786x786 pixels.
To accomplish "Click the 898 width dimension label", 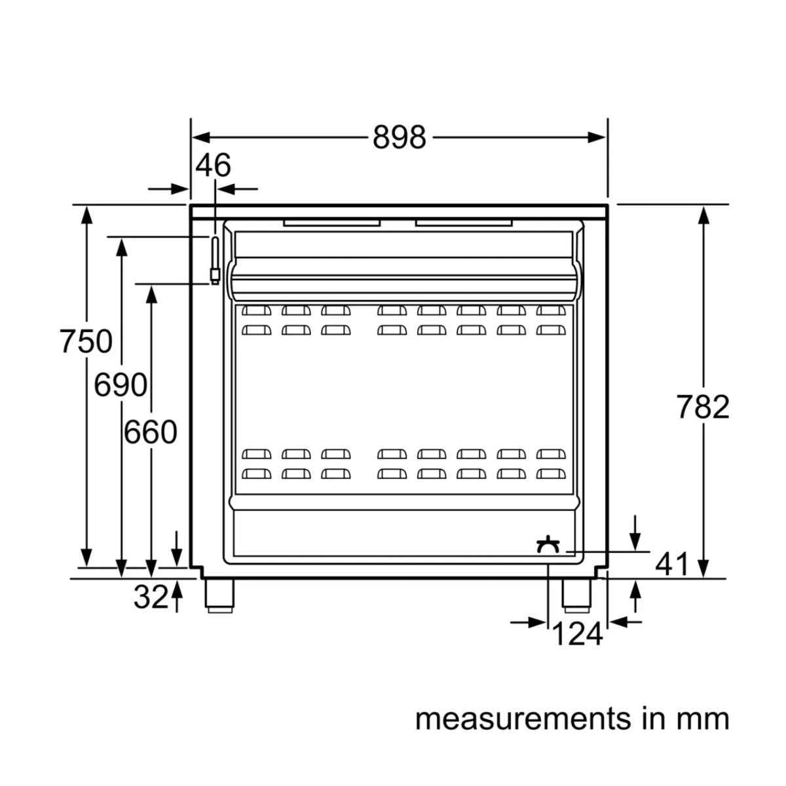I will pos(399,138).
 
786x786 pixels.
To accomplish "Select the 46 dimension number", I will pos(214,166).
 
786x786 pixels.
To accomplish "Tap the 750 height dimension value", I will pos(86,342).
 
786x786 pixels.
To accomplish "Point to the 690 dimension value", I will pos(121,385).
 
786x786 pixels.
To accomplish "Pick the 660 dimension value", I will pos(151,432).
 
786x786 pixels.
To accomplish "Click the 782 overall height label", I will pos(703,407).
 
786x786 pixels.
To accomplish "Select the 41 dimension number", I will pos(673,564).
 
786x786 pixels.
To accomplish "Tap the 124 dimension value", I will pos(577,633).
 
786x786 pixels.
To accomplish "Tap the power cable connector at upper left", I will pos(214,261).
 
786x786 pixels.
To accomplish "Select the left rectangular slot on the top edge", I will pos(332,223).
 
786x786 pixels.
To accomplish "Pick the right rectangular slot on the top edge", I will pos(464,223).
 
